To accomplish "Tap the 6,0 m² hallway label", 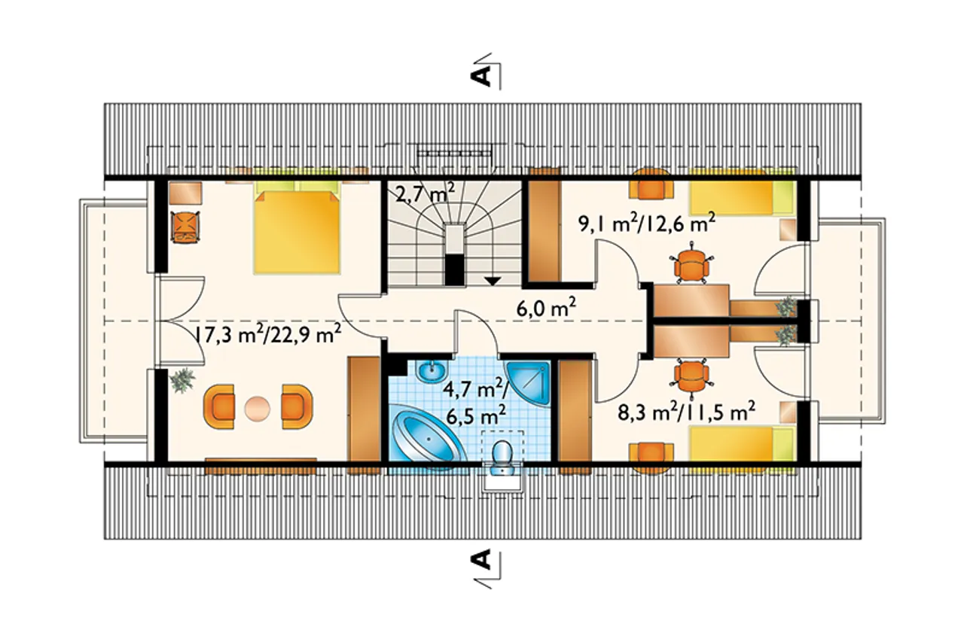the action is click(x=546, y=309).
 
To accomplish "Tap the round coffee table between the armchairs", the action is click(x=258, y=407).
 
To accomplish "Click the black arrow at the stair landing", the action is click(x=493, y=281).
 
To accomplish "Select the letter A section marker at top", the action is click(x=483, y=78).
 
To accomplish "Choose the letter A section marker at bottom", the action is click(x=483, y=559).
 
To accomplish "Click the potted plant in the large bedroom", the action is click(x=182, y=380).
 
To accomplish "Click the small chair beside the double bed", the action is click(x=185, y=227).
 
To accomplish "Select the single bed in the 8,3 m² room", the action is click(x=742, y=449).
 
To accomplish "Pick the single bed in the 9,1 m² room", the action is click(x=742, y=197).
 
